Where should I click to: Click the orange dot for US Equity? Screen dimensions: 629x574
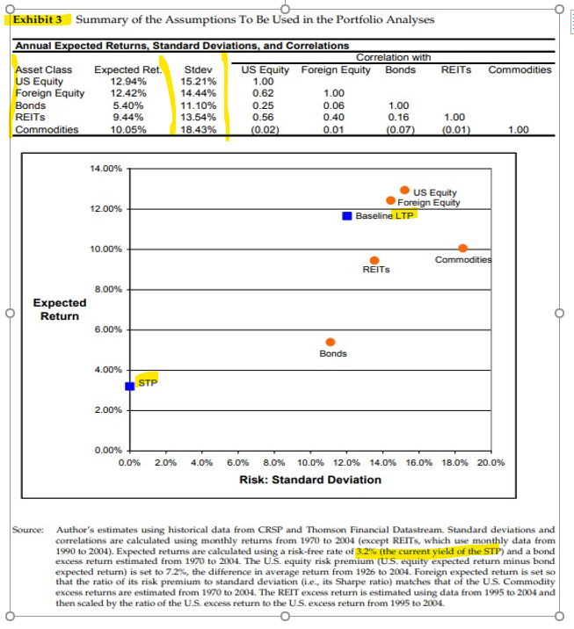tap(404, 190)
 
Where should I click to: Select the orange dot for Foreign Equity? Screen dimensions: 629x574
tap(390, 201)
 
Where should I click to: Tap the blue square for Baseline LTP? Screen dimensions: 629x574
tap(347, 215)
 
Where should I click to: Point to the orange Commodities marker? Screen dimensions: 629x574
tap(463, 248)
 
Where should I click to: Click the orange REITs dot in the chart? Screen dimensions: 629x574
tap(374, 260)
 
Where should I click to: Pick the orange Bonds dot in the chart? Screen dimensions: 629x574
tap(331, 342)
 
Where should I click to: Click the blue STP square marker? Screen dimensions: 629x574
tap(129, 386)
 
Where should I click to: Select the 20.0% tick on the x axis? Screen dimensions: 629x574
tap(491, 462)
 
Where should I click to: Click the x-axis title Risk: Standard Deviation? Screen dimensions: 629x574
tap(310, 480)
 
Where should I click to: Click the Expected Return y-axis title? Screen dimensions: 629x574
tap(60, 309)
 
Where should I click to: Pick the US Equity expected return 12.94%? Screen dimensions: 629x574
tap(128, 81)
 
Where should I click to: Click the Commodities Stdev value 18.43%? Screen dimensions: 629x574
tap(198, 129)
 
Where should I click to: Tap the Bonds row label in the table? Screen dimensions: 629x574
tap(31, 105)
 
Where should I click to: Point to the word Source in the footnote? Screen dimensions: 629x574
tap(27, 530)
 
